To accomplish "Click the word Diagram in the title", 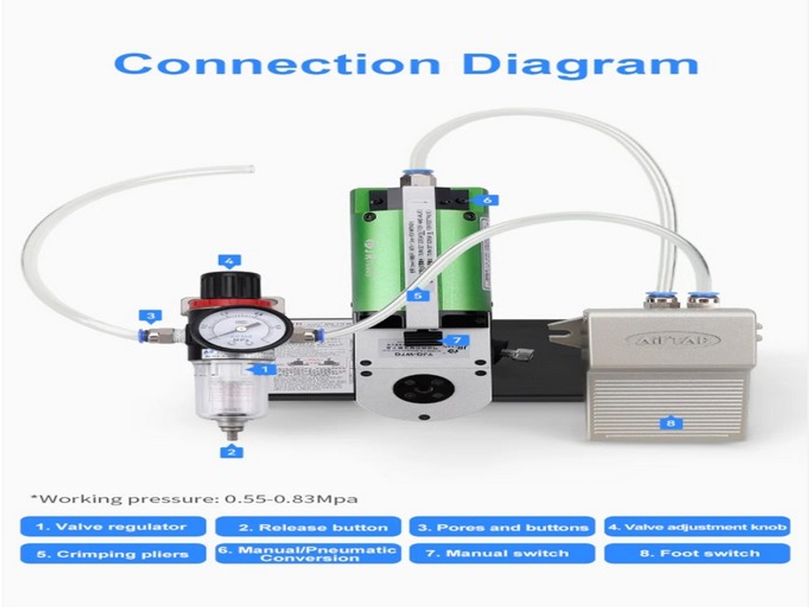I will tap(580, 64).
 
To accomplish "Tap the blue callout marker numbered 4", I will tap(229, 261).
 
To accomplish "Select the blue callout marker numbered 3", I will tap(149, 315).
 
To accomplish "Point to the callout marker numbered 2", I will tap(232, 451).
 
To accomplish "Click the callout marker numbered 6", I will tap(488, 199).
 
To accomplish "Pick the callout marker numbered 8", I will tap(670, 424).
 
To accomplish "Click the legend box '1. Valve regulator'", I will tap(111, 527).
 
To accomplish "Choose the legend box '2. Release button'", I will tap(308, 527).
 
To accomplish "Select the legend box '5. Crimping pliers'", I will tap(111, 553).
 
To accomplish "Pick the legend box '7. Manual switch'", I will tap(502, 553).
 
